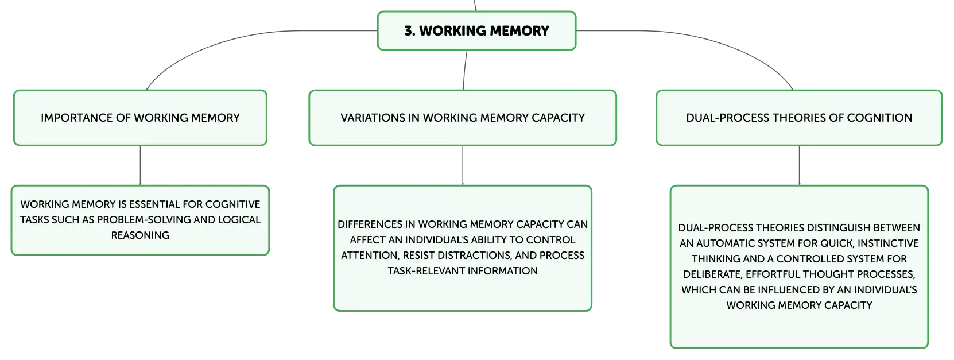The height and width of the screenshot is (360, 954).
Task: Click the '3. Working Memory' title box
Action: pyautogui.click(x=476, y=31)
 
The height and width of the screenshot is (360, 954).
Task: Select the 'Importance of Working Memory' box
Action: pyautogui.click(x=140, y=118)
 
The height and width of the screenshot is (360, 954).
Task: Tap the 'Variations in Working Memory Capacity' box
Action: pyautogui.click(x=462, y=118)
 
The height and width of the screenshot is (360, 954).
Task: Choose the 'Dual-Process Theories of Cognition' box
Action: pyautogui.click(x=798, y=118)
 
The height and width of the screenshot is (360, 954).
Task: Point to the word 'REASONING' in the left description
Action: pyautogui.click(x=140, y=235)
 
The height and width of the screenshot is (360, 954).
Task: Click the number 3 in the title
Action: pyautogui.click(x=408, y=31)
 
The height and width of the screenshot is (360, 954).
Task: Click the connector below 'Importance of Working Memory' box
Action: pyautogui.click(x=140, y=165)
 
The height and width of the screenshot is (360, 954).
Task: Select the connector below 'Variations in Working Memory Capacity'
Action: pyautogui.click(x=462, y=165)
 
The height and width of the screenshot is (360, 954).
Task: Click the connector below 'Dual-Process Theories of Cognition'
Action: pyautogui.click(x=798, y=165)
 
